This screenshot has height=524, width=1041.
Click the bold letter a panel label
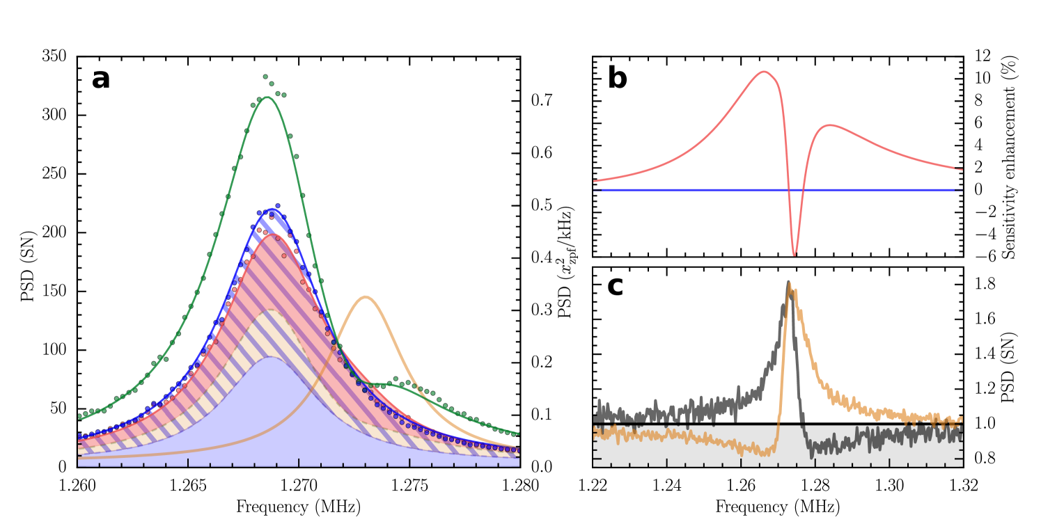pyautogui.click(x=100, y=79)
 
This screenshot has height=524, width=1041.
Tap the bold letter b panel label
pyautogui.click(x=617, y=79)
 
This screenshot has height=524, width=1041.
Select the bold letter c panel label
pyautogui.click(x=615, y=286)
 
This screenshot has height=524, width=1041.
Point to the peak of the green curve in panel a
pyautogui.click(x=267, y=97)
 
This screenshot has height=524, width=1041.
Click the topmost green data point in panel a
pyautogui.click(x=265, y=77)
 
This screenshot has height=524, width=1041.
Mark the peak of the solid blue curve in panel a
pyautogui.click(x=270, y=209)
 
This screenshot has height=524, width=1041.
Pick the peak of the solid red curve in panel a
pyautogui.click(x=272, y=235)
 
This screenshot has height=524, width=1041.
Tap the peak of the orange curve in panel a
pyautogui.click(x=366, y=297)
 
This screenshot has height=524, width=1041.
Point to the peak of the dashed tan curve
pyautogui.click(x=269, y=310)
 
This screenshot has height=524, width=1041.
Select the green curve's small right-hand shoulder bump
pyautogui.click(x=387, y=383)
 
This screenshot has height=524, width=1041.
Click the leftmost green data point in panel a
pyautogui.click(x=79, y=416)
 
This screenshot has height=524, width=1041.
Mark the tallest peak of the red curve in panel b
pyautogui.click(x=765, y=72)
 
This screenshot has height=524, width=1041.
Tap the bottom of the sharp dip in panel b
pyautogui.click(x=795, y=255)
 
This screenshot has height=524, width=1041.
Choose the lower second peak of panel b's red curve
pyautogui.click(x=829, y=125)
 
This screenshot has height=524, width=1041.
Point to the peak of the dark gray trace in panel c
pyautogui.click(x=788, y=283)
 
